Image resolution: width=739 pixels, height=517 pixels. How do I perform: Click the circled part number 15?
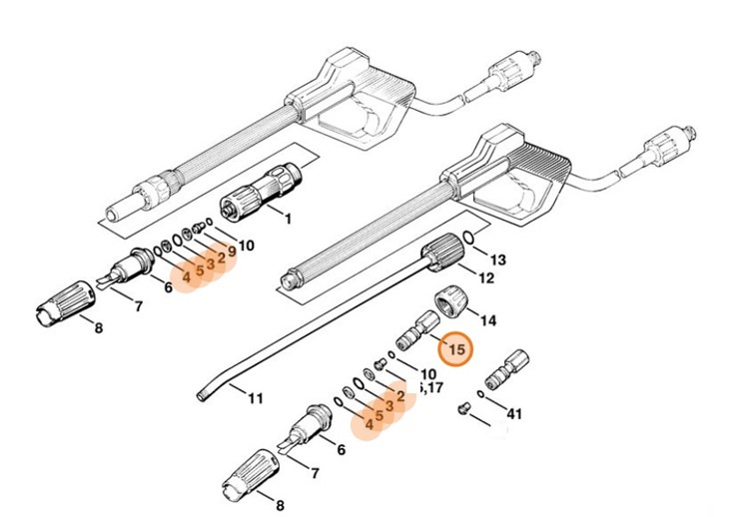click(456, 350)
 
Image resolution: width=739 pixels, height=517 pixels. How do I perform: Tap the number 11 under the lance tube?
click(255, 399)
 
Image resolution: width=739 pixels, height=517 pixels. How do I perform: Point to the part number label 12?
click(486, 277)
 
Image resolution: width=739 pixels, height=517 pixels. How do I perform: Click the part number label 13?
click(497, 259)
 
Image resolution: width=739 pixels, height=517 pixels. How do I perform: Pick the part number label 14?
click(488, 320)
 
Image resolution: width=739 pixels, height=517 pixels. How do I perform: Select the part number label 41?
click(514, 411)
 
